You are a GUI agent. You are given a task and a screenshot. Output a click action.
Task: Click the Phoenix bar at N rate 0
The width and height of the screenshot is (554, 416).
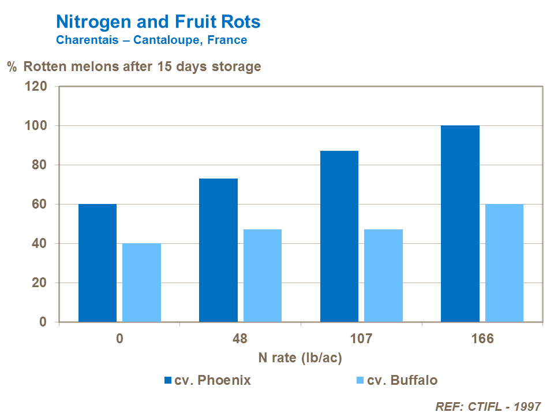(98, 263)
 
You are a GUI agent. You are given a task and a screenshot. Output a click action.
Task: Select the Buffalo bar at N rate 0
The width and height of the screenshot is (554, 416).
(141, 283)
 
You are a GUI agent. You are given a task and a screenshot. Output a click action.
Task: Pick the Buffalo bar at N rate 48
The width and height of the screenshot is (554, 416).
(263, 276)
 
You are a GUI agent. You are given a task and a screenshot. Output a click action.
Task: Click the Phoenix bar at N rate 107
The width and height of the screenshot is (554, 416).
(339, 236)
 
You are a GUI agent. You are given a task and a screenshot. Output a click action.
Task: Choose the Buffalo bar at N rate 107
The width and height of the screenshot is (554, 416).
(383, 276)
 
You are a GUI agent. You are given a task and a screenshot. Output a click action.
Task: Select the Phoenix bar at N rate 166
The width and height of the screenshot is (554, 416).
(460, 224)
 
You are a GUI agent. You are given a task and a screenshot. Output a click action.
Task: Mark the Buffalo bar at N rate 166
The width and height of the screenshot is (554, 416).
(504, 263)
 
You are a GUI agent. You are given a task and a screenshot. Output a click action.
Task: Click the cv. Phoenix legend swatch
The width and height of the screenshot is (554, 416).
(168, 380)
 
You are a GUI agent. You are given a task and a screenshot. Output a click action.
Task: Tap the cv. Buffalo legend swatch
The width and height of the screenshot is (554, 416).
(361, 380)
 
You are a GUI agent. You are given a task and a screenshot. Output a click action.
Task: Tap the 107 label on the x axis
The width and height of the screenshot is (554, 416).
(361, 339)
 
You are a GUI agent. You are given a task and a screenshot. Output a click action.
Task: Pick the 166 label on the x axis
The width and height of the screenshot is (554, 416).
(482, 339)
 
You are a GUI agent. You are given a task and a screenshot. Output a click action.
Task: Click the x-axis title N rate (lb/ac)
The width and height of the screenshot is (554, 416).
(300, 358)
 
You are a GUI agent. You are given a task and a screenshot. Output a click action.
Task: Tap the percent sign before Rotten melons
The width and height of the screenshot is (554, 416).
(12, 66)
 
